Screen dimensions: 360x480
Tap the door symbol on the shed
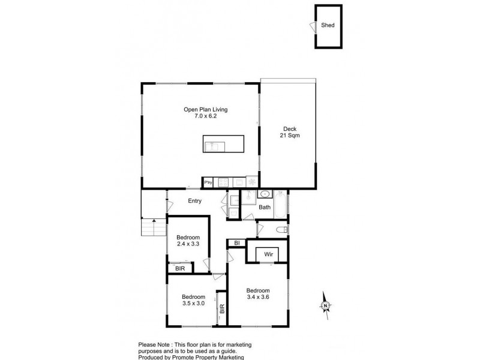pyautogui.click(x=312, y=26)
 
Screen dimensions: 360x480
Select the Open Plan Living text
pyautogui.click(x=205, y=113)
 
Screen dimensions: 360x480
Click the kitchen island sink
pyautogui.click(x=214, y=145)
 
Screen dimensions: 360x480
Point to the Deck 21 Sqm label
pyautogui.click(x=290, y=133)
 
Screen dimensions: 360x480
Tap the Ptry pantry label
pyautogui.click(x=209, y=182)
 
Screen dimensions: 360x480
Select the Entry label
pyautogui.click(x=194, y=201)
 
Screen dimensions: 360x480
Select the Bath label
pyautogui.click(x=264, y=208)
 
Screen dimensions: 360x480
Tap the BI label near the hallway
pyautogui.click(x=238, y=243)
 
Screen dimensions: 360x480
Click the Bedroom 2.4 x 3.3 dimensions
pyautogui.click(x=188, y=244)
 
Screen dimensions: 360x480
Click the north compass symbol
pyautogui.click(x=324, y=305)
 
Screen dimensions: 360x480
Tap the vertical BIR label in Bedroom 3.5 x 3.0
pyautogui.click(x=222, y=310)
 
